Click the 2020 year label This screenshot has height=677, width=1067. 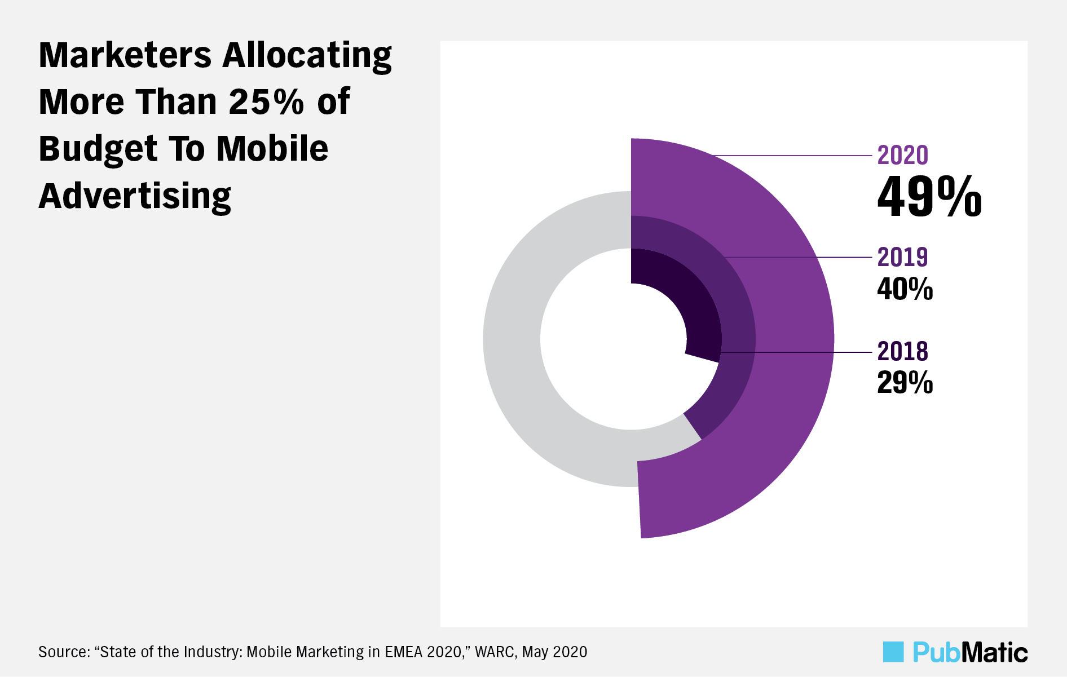(902, 156)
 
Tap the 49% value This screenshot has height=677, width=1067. (929, 197)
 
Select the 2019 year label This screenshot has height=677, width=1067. (902, 258)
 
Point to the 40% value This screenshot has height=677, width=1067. (905, 289)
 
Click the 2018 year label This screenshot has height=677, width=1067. (902, 352)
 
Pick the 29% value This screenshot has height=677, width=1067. (905, 383)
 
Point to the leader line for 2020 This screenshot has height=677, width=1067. (790, 155)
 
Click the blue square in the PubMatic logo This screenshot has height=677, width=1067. (893, 652)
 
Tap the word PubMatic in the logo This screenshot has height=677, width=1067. (970, 652)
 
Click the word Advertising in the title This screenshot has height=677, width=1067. (135, 197)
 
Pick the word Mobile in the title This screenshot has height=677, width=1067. (272, 149)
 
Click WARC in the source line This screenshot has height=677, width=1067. (494, 652)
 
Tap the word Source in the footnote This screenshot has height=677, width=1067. (63, 652)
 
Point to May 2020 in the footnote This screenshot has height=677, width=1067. (554, 652)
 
